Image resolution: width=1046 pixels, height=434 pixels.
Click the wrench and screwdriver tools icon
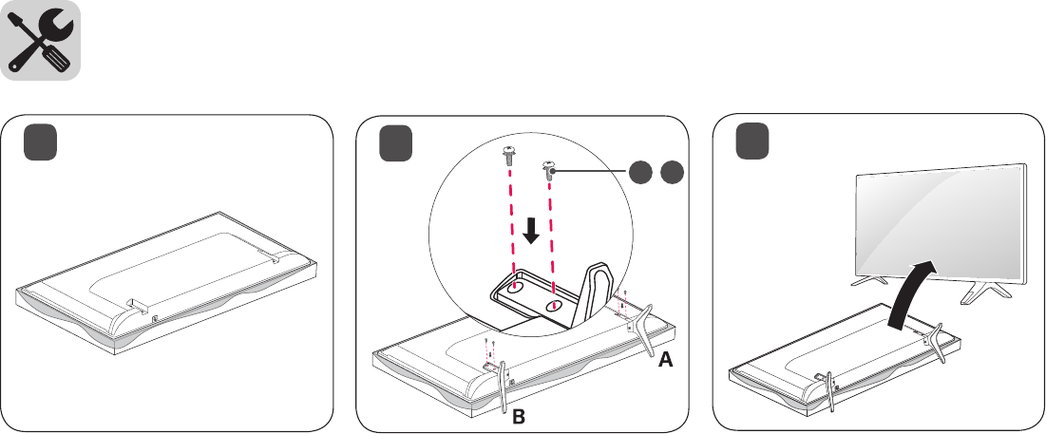(40, 40)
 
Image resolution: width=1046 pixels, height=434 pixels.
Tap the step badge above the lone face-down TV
(42, 145)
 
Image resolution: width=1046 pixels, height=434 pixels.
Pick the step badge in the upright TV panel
(753, 145)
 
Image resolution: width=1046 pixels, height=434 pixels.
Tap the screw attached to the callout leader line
(549, 170)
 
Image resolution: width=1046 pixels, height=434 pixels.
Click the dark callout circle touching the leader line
(640, 173)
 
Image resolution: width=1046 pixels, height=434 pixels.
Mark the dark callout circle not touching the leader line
(673, 173)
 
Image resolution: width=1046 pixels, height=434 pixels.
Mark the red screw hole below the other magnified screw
(514, 284)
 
